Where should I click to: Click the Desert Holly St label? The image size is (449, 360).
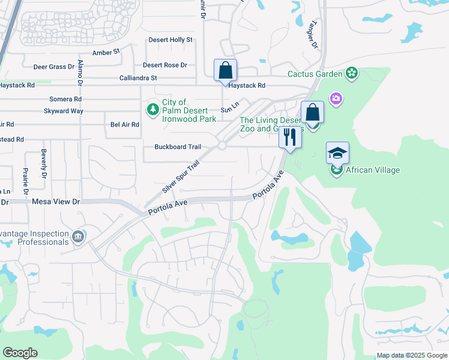point(172,40)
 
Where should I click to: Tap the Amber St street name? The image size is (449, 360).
point(106,53)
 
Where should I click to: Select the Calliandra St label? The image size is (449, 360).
point(138,78)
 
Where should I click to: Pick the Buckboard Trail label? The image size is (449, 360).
point(177,147)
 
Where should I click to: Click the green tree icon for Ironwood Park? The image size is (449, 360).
point(153,109)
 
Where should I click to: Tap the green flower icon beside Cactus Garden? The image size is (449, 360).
point(352,74)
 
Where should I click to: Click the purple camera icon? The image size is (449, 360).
point(336,98)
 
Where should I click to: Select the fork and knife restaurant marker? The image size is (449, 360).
point(291,137)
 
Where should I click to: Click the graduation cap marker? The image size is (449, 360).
point(337,153)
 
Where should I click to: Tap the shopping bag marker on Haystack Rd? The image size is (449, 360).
point(225,70)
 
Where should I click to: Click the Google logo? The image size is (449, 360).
point(20,353)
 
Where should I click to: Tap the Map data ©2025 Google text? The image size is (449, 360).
point(411,355)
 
